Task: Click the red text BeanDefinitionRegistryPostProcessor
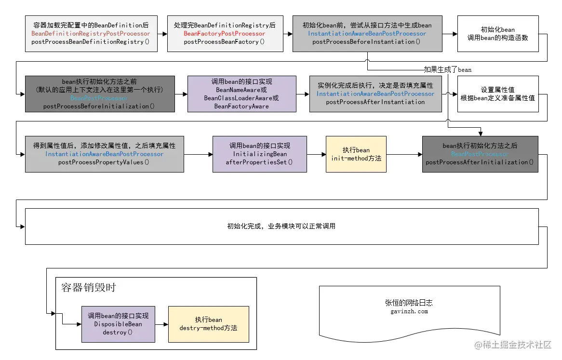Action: (91, 34)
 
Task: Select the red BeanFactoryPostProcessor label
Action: (224, 34)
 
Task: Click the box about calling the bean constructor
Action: (497, 34)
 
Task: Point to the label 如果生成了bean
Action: (447, 69)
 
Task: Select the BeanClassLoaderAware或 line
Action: (241, 98)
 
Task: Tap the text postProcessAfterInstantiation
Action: (375, 102)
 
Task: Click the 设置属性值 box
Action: (497, 93)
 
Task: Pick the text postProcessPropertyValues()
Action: (104, 162)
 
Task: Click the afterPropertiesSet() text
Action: (259, 162)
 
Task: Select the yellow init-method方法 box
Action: (356, 154)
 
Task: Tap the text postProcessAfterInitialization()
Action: (480, 162)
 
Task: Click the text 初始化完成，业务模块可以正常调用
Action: (281, 226)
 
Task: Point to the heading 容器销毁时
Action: (89, 288)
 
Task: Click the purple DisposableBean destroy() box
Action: (118, 324)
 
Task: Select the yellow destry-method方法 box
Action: (208, 324)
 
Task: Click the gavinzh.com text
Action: (409, 311)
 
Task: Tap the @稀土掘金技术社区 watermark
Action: (513, 345)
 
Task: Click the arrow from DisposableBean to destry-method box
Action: (161, 324)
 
